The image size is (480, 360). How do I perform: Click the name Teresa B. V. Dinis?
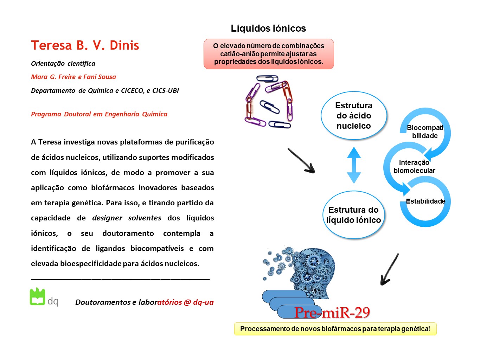pos(85,45)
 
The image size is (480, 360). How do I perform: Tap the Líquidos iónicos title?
pos(268,28)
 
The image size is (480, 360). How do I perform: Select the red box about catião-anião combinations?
pos(269,54)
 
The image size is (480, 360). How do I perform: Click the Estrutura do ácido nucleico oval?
pos(354,115)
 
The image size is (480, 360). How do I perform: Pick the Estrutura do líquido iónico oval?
pos(353,215)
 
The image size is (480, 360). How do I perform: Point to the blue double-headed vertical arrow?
pos(354,165)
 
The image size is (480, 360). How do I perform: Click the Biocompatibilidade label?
pos(425,131)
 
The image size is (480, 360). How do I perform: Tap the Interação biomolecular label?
pos(414,166)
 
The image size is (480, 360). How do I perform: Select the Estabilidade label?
pos(425,201)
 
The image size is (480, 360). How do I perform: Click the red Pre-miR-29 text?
pos(332,313)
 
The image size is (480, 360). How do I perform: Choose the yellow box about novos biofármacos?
pos(335,329)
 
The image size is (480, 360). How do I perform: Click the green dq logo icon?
pos(37,296)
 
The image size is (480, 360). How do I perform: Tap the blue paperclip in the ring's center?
pos(269,107)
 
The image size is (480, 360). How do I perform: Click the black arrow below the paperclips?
pos(301,161)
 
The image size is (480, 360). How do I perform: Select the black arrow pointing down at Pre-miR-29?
pos(390,269)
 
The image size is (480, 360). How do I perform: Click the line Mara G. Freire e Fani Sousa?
pos(73,77)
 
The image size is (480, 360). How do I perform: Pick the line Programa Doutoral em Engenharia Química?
pos(99,114)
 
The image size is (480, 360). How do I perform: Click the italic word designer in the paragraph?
pos(107,218)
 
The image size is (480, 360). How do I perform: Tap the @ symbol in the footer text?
pos(187,302)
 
